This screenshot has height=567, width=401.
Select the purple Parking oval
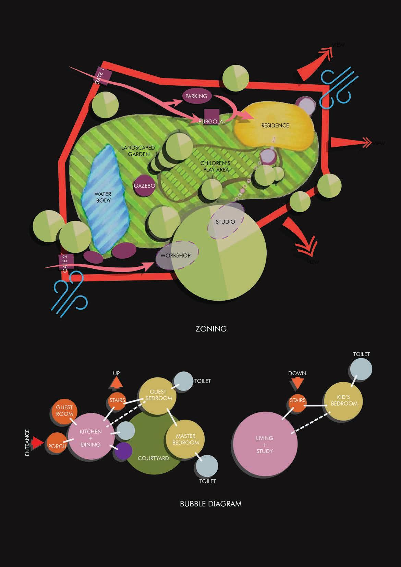[196, 96]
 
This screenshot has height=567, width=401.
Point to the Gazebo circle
[144, 186]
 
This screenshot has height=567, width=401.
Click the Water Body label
[103, 197]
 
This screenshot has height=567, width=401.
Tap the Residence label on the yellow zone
[275, 125]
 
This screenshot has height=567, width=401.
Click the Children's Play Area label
[215, 166]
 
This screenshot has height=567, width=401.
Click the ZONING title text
[211, 329]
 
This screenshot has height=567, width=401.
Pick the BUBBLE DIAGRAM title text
[210, 504]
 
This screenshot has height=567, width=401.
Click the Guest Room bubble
[64, 411]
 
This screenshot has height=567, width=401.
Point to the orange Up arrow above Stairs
[117, 382]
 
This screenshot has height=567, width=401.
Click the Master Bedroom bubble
[185, 439]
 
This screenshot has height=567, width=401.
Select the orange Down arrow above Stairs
[297, 383]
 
